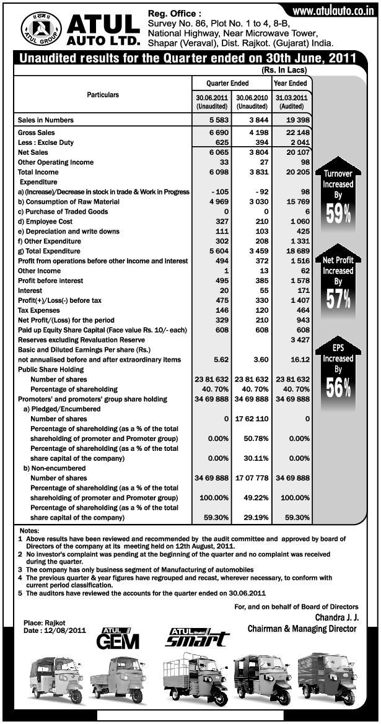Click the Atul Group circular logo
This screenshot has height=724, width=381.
coord(42,30)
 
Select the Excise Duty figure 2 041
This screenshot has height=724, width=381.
coord(299,142)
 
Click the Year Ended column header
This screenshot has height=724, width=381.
coord(291,83)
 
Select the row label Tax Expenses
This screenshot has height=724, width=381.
coord(38,310)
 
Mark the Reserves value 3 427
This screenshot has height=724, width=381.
coord(299,340)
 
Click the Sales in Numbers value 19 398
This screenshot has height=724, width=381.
coord(296,118)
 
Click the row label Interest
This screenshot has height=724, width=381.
coord(30,290)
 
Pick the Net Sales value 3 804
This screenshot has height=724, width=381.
coord(253,152)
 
